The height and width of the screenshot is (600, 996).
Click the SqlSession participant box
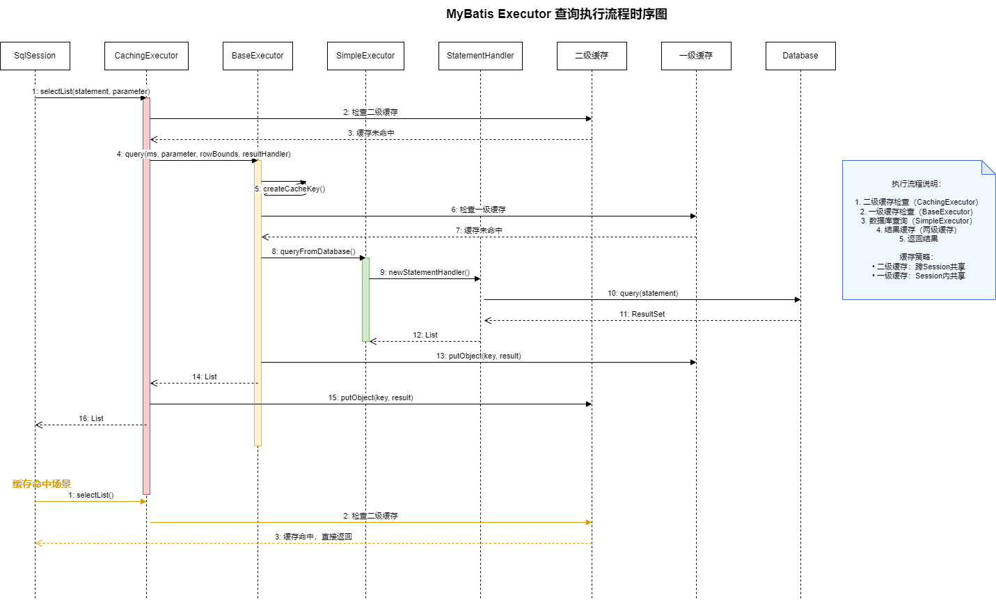(x=35, y=56)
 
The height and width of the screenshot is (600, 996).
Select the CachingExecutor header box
(x=146, y=56)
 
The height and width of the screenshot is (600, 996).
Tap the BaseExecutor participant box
(x=258, y=56)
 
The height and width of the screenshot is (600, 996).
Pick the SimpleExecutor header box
(x=365, y=56)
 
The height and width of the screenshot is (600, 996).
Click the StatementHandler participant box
(x=480, y=56)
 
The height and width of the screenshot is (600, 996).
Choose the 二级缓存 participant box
(x=592, y=56)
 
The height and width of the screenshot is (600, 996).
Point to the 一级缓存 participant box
(x=696, y=56)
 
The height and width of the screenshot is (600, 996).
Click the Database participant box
(x=800, y=56)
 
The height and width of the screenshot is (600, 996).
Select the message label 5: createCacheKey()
(x=290, y=189)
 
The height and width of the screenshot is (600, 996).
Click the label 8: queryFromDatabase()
(x=313, y=251)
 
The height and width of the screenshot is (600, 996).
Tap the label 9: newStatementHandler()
(x=425, y=272)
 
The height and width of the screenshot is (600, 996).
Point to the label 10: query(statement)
(x=642, y=293)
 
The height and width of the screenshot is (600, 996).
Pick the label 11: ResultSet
(x=642, y=314)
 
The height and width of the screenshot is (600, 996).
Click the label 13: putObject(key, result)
(x=479, y=356)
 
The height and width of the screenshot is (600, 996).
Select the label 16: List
(x=90, y=418)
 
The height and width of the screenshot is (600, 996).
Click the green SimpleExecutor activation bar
(x=365, y=300)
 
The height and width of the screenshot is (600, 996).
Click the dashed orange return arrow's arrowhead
(x=39, y=543)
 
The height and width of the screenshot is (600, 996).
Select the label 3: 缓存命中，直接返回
(x=314, y=537)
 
